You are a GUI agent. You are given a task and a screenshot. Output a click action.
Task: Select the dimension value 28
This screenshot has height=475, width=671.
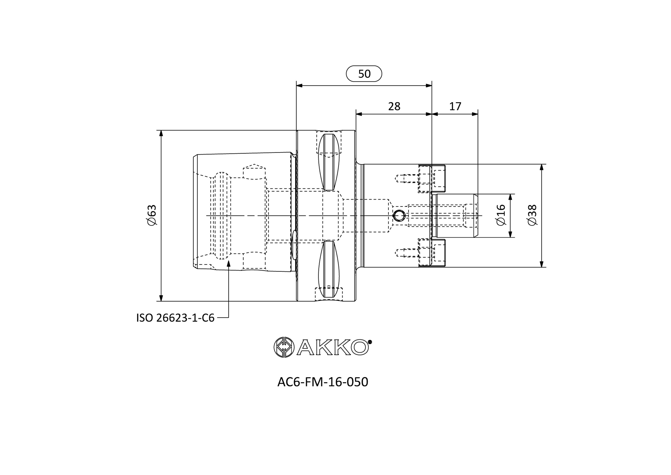(x=394, y=106)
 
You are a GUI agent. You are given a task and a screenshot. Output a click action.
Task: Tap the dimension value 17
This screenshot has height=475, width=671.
(x=455, y=106)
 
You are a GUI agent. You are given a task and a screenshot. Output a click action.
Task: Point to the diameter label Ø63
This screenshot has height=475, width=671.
(x=152, y=215)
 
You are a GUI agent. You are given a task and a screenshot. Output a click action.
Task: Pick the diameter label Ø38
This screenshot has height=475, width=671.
(x=533, y=215)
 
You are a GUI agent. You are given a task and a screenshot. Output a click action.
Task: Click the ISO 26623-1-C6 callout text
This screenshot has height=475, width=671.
(x=175, y=318)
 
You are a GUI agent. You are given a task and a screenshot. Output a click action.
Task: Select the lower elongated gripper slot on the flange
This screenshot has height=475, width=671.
(x=329, y=269)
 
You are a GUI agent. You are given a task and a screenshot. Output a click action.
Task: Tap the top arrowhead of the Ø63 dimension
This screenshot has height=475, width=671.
(x=161, y=134)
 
